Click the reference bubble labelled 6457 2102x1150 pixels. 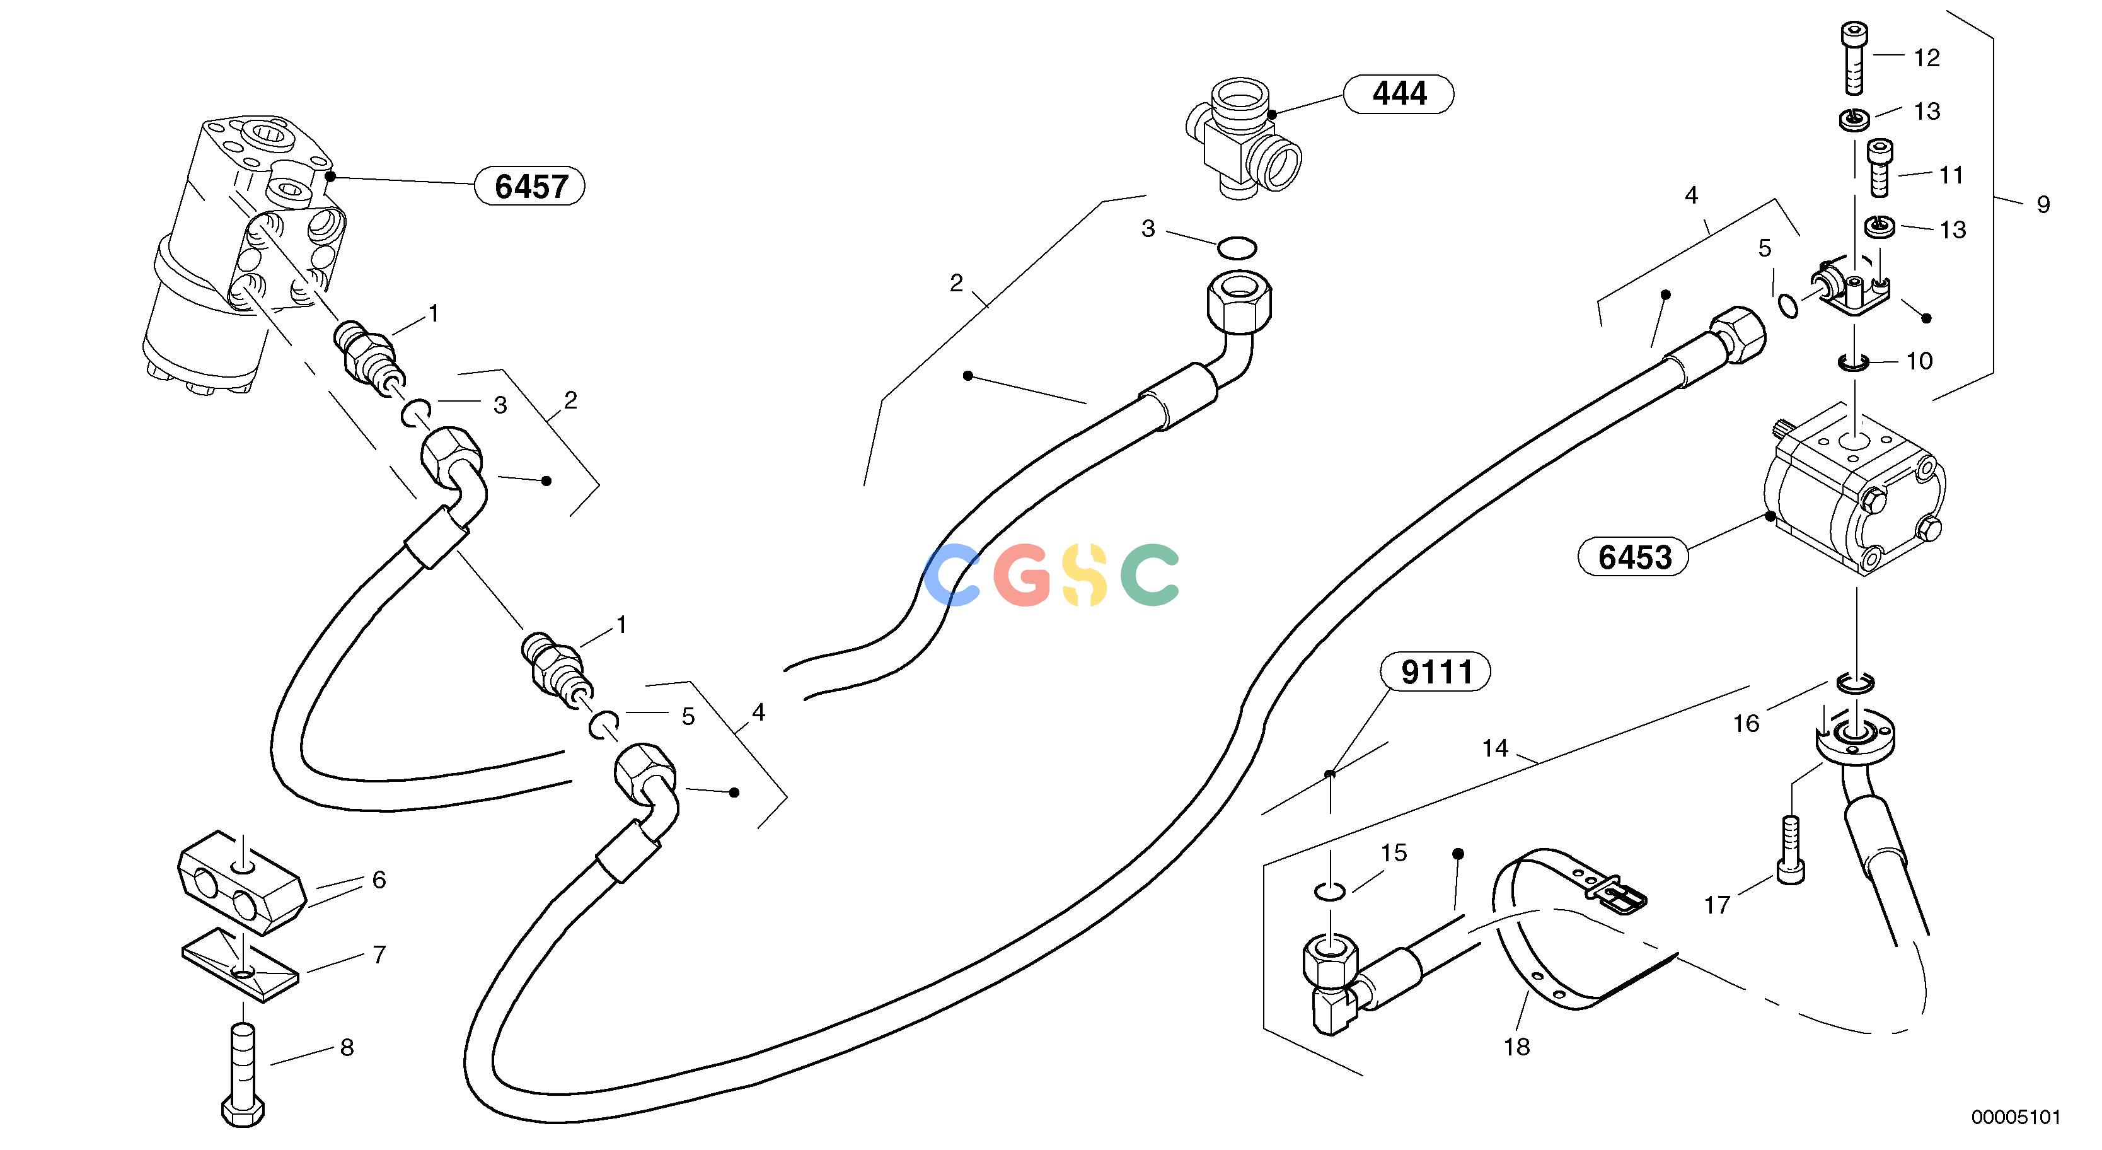529,187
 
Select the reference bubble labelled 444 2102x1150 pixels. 1399,94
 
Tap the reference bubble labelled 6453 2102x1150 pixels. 1634,557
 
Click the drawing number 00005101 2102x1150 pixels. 2016,1117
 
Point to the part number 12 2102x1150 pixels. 1927,58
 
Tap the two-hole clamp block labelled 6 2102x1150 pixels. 241,881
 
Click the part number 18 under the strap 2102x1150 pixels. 1517,1047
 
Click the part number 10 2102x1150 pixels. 1919,361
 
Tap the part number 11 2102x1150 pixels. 1950,175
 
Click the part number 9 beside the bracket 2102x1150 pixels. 2043,204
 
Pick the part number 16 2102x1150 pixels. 1747,724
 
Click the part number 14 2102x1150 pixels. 1495,748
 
